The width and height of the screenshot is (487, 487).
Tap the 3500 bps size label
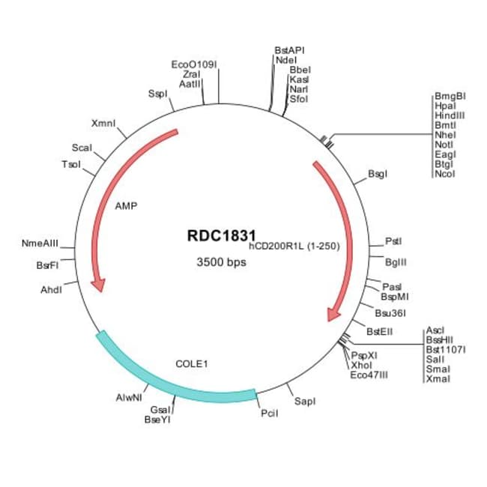221,262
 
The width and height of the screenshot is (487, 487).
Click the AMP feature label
126,205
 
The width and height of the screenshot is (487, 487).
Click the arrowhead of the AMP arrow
97,285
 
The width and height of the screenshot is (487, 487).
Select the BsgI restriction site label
378,174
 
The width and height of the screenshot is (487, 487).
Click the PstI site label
393,241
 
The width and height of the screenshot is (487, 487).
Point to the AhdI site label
50,288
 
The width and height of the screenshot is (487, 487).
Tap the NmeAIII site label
40,243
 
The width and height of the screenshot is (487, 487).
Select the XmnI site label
103,123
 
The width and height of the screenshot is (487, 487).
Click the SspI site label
157,94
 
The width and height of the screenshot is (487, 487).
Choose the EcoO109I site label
194,64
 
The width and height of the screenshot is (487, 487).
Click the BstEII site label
380,330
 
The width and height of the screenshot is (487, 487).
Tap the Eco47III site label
369,375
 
